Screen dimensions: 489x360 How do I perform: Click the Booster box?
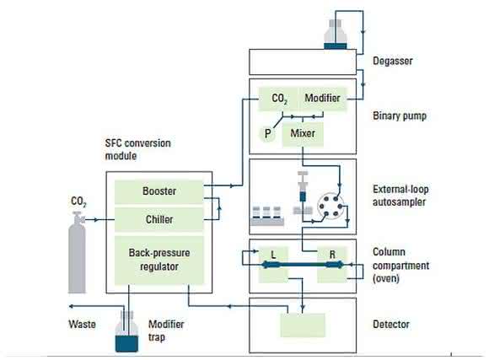pyautogui.click(x=159, y=192)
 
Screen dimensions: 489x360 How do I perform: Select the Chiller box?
pyautogui.click(x=159, y=219)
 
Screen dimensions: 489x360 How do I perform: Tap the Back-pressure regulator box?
pyautogui.click(x=159, y=261)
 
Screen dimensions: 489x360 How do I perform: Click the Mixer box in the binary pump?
pyautogui.click(x=303, y=134)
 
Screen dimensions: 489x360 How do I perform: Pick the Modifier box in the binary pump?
pyautogui.click(x=322, y=99)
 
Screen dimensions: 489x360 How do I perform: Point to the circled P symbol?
pyautogui.click(x=267, y=134)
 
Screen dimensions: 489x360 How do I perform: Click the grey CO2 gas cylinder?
pyautogui.click(x=77, y=252)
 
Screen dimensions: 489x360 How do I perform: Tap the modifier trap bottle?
pyautogui.click(x=126, y=332)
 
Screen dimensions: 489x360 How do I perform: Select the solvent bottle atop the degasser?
pyautogui.click(x=336, y=35)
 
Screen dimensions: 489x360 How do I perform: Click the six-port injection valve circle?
pyautogui.click(x=330, y=207)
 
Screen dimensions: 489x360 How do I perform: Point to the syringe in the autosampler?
pyautogui.click(x=303, y=186)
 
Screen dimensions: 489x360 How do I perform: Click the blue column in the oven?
pyautogui.click(x=303, y=266)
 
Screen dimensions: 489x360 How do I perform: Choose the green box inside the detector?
pyautogui.click(x=303, y=325)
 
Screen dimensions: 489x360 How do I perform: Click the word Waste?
pyautogui.click(x=82, y=325)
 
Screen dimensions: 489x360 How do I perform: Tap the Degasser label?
pyautogui.click(x=393, y=61)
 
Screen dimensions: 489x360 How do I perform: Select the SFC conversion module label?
pyautogui.click(x=137, y=149)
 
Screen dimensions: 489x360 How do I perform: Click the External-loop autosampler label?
pyautogui.click(x=400, y=196)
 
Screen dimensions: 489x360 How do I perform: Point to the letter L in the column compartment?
pyautogui.click(x=273, y=255)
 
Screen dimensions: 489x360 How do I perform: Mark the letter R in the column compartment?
pyautogui.click(x=332, y=255)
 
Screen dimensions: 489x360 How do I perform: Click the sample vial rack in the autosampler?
pyautogui.click(x=267, y=216)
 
